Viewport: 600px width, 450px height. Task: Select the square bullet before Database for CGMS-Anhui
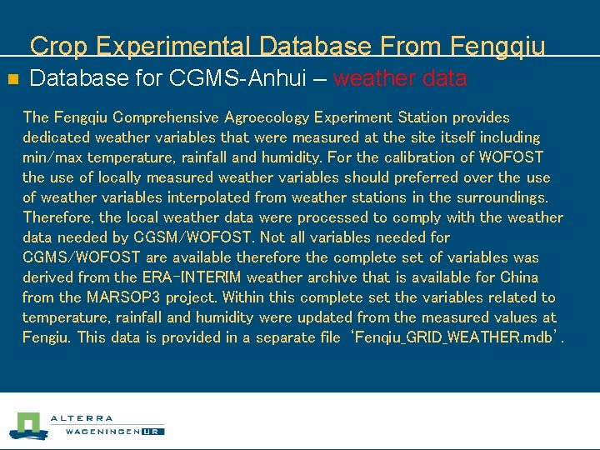(x=12, y=80)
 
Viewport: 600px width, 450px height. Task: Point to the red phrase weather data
(x=400, y=79)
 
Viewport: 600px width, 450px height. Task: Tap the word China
(x=518, y=277)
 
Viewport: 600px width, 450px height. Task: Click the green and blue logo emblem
(x=27, y=426)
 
